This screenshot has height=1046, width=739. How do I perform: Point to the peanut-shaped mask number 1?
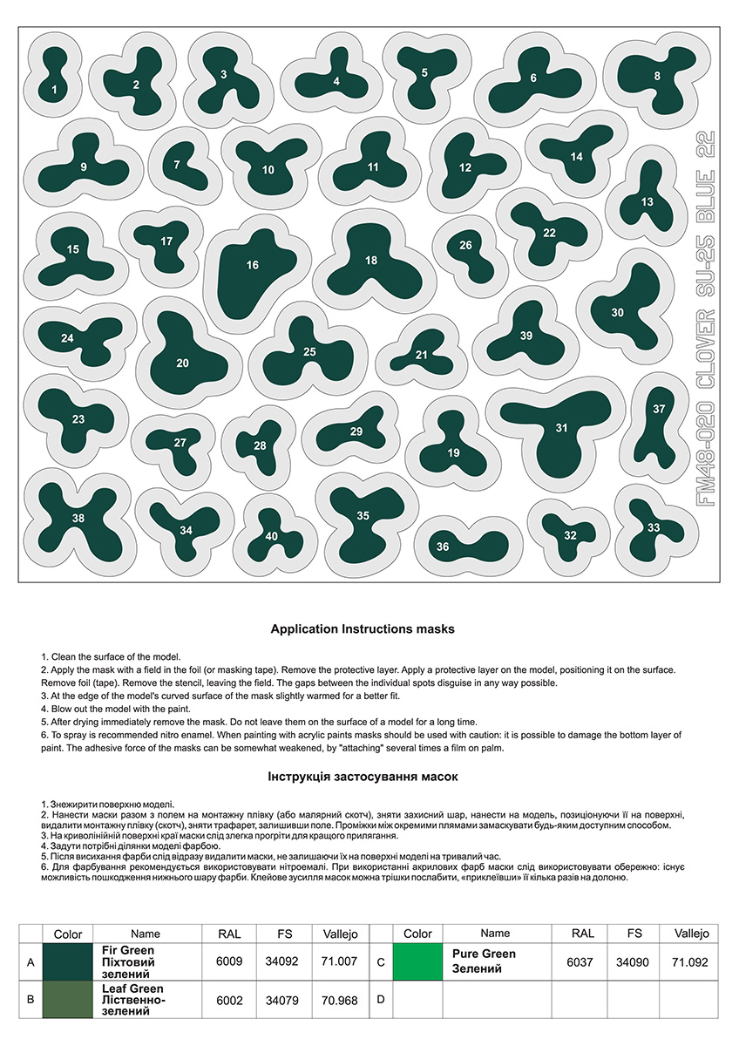[54, 78]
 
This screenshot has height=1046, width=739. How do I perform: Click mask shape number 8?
[655, 77]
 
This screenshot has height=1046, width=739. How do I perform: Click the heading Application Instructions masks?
[363, 628]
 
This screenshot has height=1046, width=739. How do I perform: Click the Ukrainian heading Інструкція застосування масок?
[363, 776]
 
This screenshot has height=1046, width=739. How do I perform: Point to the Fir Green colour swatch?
[68, 962]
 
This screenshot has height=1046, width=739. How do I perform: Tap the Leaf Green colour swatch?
[68, 1000]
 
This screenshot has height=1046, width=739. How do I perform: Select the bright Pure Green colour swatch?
[417, 962]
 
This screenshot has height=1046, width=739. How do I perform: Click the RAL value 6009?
[228, 962]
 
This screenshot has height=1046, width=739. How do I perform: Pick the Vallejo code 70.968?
[340, 1000]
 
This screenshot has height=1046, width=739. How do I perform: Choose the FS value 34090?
[634, 962]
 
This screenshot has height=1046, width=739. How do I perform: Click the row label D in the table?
[380, 1000]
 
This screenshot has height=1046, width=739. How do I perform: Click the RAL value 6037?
[583, 962]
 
